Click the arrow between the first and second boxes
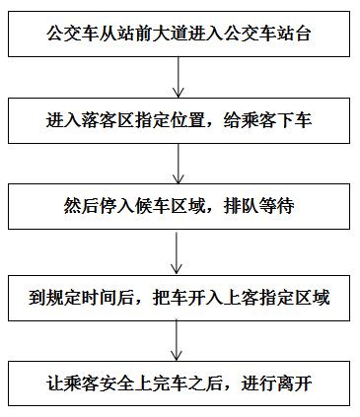point(177,77)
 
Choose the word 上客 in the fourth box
point(238,297)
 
